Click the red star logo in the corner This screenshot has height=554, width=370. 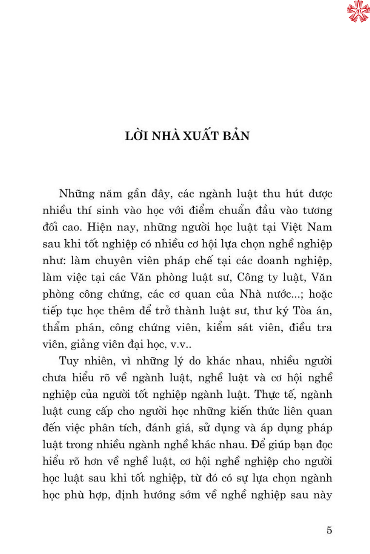[358, 11]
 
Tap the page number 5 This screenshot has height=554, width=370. [329, 530]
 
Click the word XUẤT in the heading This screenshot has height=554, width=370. [201, 136]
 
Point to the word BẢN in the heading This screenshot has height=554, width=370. [236, 136]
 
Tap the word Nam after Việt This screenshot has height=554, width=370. [319, 227]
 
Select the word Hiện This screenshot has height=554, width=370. [100, 227]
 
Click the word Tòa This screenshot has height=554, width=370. [302, 311]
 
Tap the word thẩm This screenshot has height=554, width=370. [56, 328]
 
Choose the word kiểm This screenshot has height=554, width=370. [219, 328]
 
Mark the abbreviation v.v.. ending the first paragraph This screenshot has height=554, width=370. [181, 345]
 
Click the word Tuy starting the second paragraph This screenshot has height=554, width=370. [69, 361]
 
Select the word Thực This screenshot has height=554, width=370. [267, 394]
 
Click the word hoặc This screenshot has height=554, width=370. [320, 294]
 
